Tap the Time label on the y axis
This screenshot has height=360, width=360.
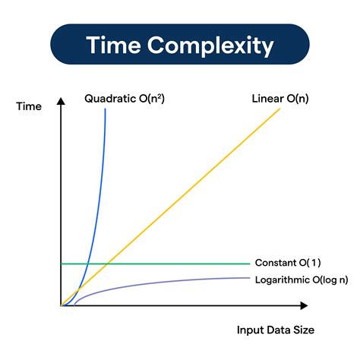(29, 107)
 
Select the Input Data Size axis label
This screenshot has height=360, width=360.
(276, 330)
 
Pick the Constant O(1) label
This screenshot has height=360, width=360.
(288, 263)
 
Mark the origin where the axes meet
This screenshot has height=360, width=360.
(61, 305)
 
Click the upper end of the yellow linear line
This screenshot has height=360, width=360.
(279, 109)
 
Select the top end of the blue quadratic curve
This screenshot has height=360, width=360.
(105, 109)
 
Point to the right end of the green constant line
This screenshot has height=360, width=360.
(249, 264)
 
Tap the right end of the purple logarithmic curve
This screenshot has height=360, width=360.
(249, 278)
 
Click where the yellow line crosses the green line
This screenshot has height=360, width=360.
(108, 264)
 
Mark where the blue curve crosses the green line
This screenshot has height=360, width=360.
(88, 264)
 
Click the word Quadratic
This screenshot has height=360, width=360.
(107, 99)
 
